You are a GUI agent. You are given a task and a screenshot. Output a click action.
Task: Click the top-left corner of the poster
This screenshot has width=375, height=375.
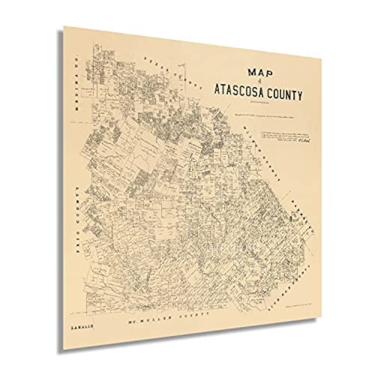pos(63,26)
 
